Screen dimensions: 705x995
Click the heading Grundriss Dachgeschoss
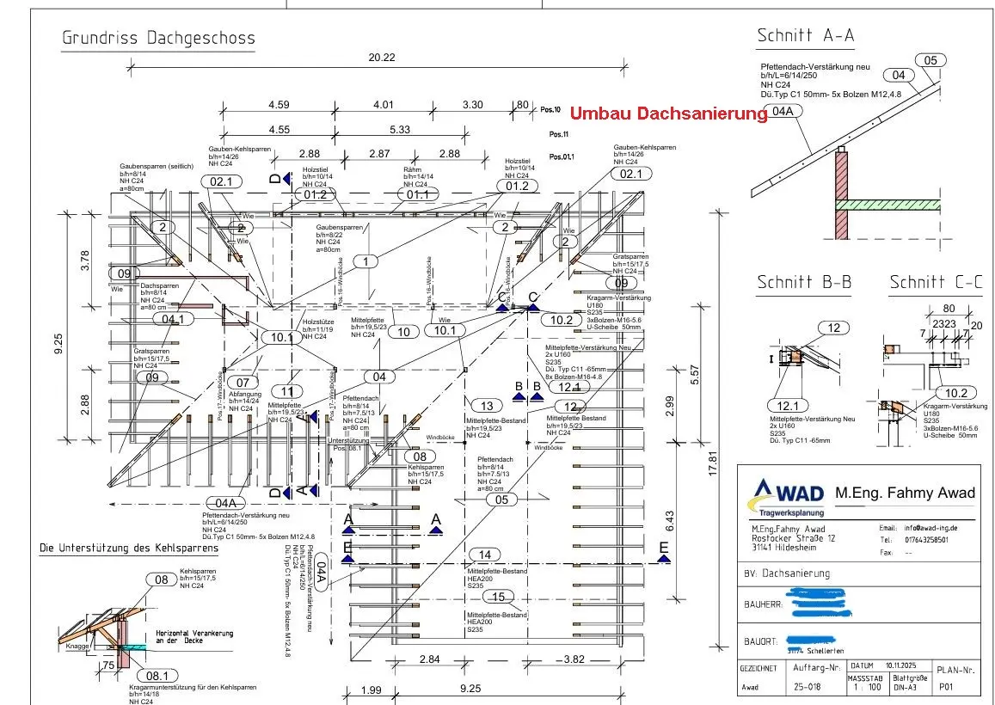point(158,39)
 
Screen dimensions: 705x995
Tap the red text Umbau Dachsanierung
point(668,113)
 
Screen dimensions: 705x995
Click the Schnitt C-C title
point(936,283)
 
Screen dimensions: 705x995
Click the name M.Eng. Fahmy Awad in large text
point(905,493)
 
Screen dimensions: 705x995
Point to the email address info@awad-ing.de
point(929,528)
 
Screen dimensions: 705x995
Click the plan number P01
point(945,687)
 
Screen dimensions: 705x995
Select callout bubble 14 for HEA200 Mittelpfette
point(486,555)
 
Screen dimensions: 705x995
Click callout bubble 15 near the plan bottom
point(498,597)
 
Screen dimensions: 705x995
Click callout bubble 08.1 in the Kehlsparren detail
point(159,677)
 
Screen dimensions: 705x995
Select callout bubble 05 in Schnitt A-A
point(931,60)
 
